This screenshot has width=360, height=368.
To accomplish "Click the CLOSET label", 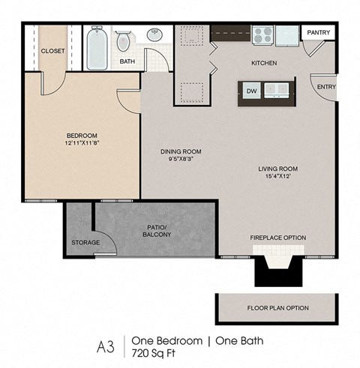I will pos(52,51).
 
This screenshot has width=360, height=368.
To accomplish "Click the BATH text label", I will pos(127,62).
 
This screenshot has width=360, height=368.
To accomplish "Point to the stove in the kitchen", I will pos(262,34).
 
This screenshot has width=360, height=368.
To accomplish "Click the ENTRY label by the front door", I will pos(326,87).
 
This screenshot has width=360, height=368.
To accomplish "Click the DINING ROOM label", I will pos(181,151).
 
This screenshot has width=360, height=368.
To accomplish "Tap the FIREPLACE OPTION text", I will pos(277,238).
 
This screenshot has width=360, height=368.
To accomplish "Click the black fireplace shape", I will pos(277,271).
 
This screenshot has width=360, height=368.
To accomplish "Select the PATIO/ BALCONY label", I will pos(154,230).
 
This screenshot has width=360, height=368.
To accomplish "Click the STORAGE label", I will pos(85,242).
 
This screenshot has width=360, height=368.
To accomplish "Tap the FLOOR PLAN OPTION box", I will pos(277,308).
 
